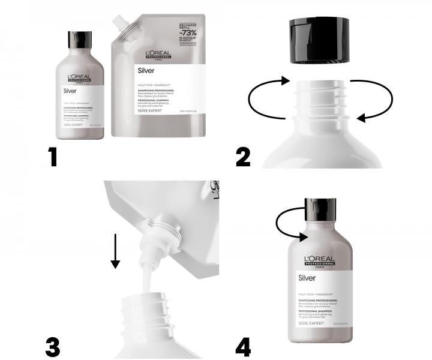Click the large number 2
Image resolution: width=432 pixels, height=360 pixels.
pos(244,157)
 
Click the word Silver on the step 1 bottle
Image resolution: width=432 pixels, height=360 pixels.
pos(71,92)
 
